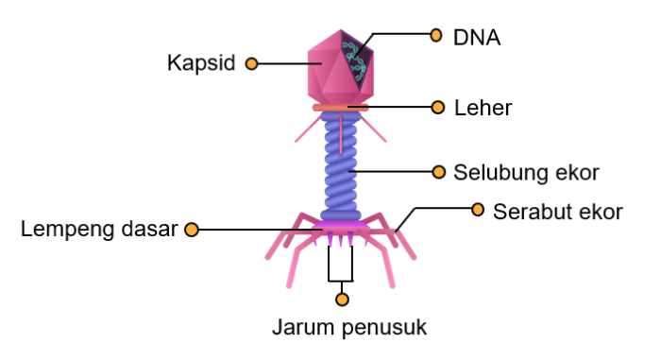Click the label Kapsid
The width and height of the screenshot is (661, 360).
pos(201,63)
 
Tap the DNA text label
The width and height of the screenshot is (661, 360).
pos(477,37)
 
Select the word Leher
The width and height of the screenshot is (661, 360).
pos(483,108)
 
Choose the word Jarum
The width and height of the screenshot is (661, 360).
pos(302,329)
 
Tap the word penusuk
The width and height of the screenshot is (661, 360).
pos(381,329)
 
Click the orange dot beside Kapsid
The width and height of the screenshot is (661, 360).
pos(251,63)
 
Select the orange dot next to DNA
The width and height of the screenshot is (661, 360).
pos(435,35)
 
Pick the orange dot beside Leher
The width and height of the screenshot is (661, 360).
pos(437,107)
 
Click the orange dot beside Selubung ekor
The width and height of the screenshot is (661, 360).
pos(437,172)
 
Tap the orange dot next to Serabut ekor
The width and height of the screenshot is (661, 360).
pos(478,207)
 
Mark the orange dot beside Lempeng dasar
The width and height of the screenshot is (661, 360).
pos(192,229)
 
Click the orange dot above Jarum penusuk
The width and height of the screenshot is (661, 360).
pos(342,300)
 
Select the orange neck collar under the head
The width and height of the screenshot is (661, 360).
pos(340,109)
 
